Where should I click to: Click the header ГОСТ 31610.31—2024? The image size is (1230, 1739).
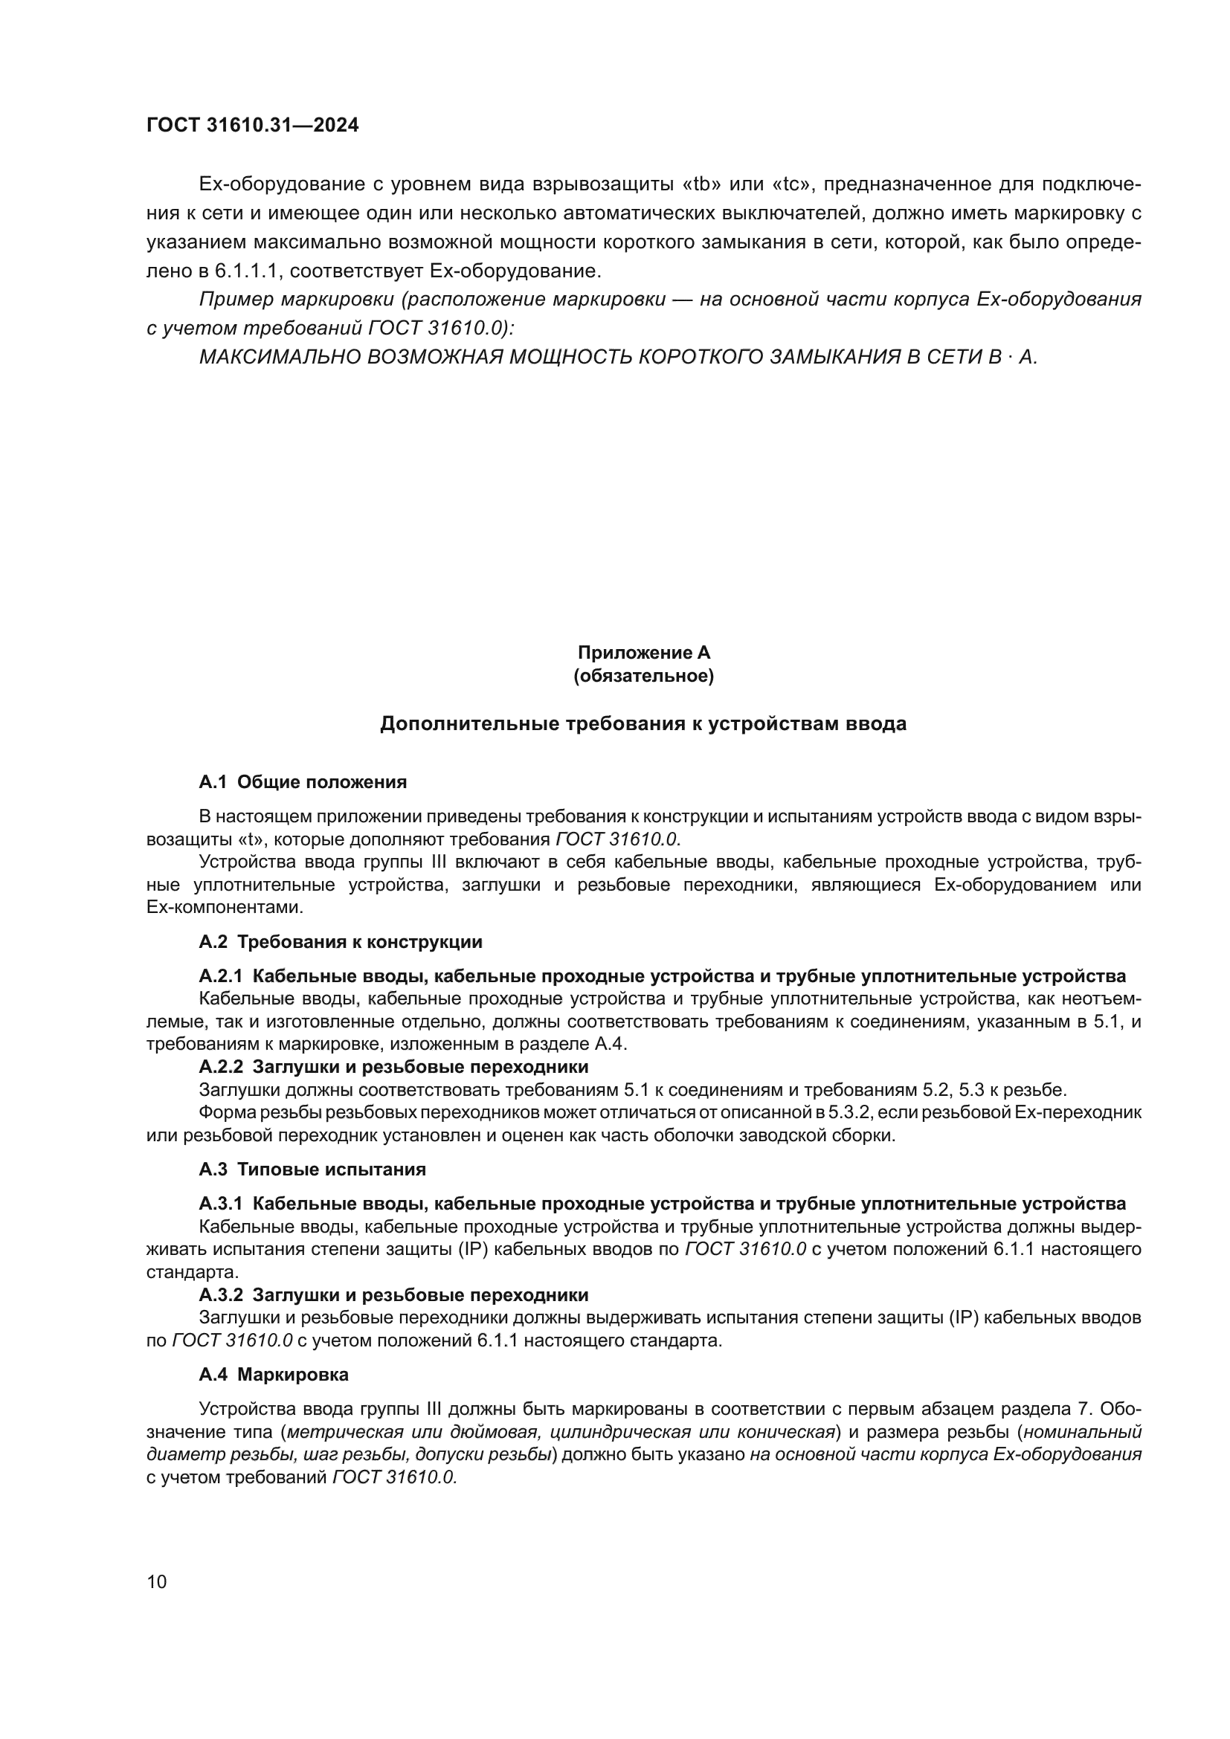(x=252, y=125)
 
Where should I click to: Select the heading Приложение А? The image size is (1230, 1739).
(x=643, y=652)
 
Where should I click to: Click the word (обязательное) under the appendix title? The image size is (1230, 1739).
(x=643, y=676)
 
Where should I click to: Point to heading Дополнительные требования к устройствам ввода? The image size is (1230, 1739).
(x=643, y=723)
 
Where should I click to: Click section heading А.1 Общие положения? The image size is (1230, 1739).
(x=302, y=781)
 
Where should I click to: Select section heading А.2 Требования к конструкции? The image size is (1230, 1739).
(x=340, y=941)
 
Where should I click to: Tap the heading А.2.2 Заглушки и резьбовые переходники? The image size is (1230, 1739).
(x=393, y=1066)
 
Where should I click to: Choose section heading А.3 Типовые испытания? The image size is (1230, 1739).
(x=312, y=1169)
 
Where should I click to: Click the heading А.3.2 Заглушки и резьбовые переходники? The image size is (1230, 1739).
(x=393, y=1294)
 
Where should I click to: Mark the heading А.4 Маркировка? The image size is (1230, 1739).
(x=274, y=1374)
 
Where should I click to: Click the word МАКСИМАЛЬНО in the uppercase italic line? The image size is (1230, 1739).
(x=279, y=357)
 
